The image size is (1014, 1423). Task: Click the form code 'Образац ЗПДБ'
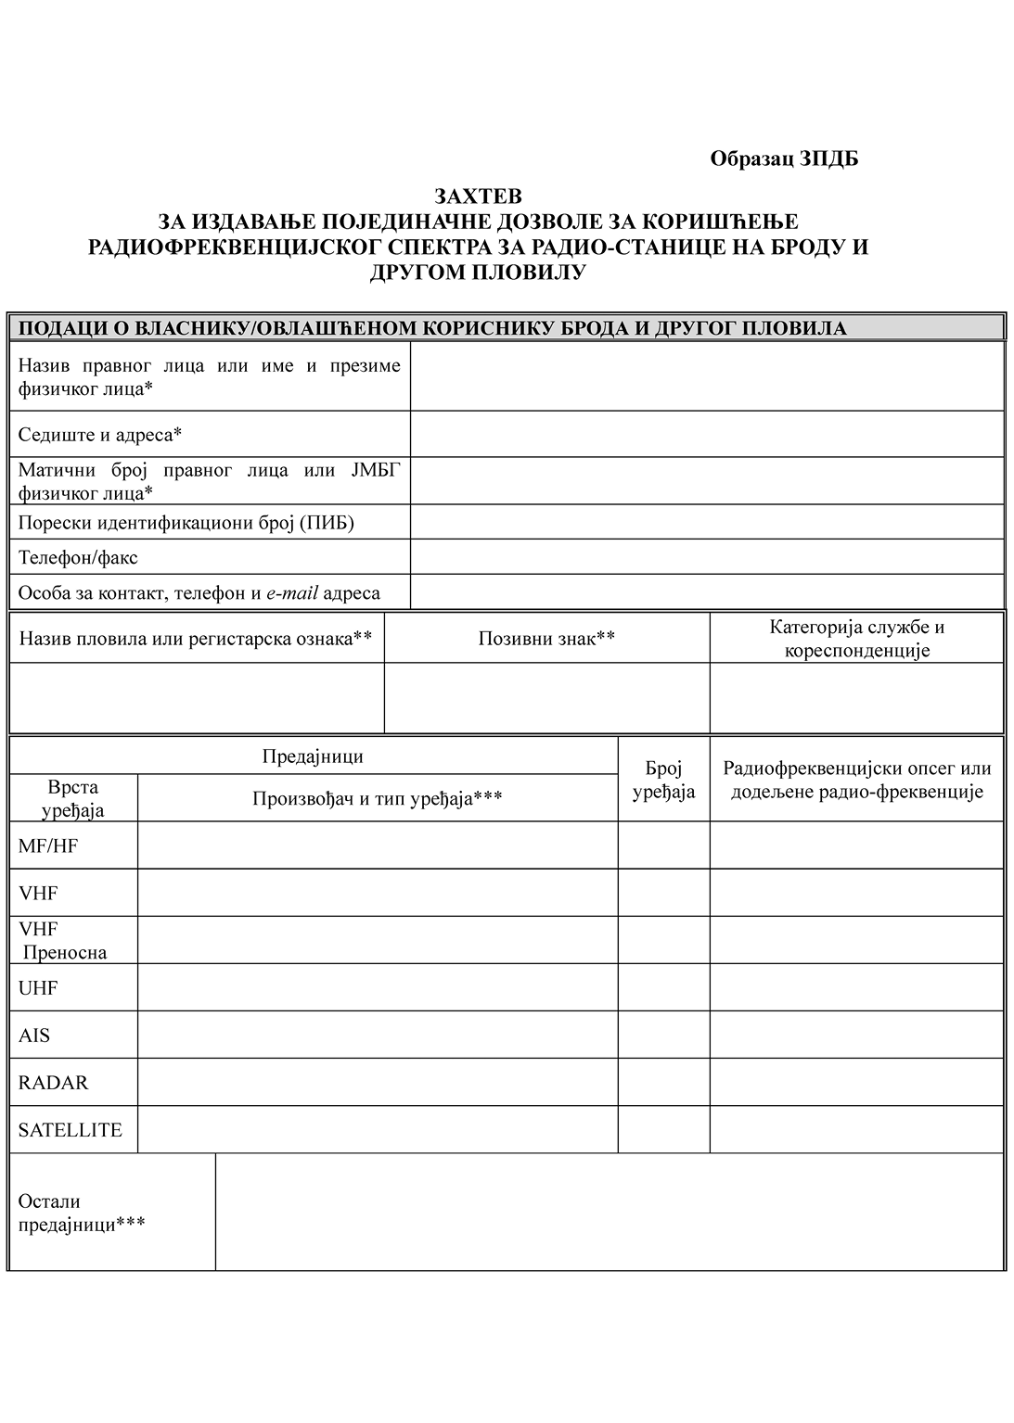click(784, 159)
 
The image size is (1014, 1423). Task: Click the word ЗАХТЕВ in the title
click(479, 197)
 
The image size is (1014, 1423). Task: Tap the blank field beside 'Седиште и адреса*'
click(707, 434)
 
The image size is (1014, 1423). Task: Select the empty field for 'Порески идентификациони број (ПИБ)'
click(707, 522)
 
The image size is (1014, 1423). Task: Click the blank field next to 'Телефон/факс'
click(707, 557)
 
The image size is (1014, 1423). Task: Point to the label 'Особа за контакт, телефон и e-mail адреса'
click(199, 592)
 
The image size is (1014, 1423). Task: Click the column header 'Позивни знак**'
click(546, 638)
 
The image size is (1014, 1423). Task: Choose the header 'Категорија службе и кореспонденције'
click(856, 638)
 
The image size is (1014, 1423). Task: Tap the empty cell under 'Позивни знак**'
click(546, 697)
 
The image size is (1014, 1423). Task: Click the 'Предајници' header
click(313, 756)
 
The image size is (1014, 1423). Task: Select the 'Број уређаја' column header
click(663, 780)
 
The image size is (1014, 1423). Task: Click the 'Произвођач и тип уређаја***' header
click(378, 798)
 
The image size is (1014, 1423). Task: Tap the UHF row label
click(38, 988)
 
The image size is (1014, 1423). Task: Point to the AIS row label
click(34, 1035)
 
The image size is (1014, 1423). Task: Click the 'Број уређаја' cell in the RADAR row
click(663, 1082)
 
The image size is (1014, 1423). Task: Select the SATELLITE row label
click(71, 1130)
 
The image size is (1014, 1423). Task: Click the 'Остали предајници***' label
click(82, 1213)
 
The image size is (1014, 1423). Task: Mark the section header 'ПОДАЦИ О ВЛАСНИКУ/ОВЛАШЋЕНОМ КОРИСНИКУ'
click(432, 328)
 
